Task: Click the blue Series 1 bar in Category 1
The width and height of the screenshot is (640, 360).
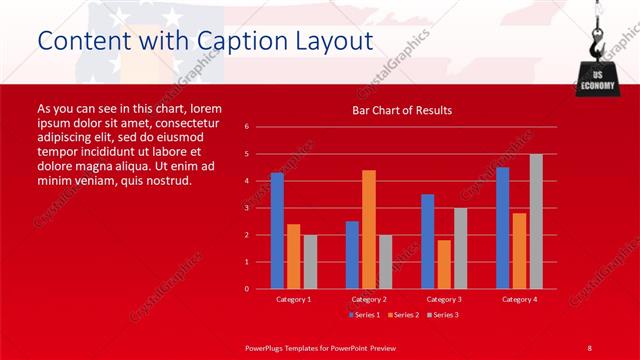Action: [277, 231]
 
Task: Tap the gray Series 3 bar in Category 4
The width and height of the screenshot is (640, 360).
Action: [536, 221]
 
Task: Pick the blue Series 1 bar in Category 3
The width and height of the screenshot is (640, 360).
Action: [428, 241]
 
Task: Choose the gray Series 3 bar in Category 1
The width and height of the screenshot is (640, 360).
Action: [310, 262]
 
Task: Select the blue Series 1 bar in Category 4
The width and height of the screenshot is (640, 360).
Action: [503, 228]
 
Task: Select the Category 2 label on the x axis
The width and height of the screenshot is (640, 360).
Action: [369, 299]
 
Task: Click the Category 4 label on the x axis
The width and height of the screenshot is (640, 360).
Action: [519, 299]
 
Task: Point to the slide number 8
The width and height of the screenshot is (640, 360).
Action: [589, 347]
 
